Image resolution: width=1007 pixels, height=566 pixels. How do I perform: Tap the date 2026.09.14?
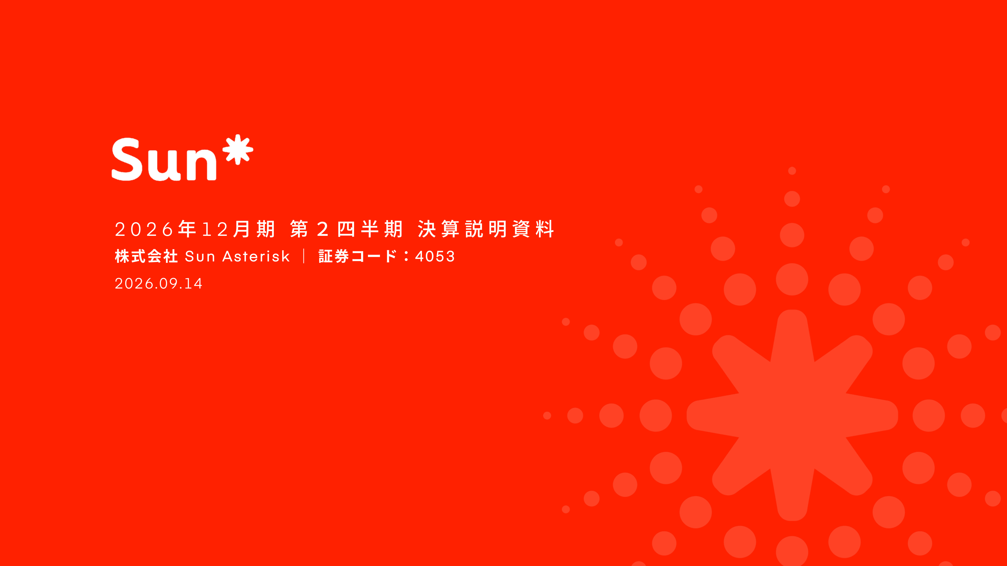coord(158,284)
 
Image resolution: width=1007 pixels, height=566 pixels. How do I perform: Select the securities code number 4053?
coord(435,257)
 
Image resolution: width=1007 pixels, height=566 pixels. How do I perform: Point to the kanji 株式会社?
coord(146,257)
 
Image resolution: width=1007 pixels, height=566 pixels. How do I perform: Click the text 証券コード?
coord(358,257)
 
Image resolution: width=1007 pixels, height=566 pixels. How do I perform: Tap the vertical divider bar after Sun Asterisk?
coord(304,257)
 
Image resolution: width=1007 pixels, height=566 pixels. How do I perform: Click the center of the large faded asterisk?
coord(792,415)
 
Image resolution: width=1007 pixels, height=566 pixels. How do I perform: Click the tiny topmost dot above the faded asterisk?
coord(792,171)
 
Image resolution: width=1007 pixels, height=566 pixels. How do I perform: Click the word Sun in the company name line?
coord(200,257)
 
